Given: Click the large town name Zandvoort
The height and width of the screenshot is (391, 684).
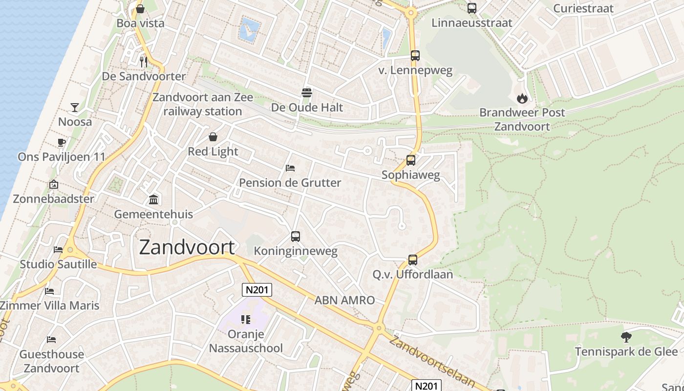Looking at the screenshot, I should pos(187,247).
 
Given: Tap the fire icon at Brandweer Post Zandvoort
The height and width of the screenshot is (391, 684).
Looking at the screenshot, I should pos(522,98).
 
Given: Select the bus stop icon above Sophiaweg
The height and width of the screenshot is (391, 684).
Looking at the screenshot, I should pos(411,160).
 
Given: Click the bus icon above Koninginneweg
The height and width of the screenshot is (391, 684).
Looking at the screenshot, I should pos(296,237).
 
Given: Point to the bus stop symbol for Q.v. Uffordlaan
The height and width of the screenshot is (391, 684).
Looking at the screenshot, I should pos(413,260).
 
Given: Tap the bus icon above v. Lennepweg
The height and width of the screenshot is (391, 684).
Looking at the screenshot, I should pos(415,56).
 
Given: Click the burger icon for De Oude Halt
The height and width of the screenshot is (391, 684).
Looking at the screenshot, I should pos(307,92).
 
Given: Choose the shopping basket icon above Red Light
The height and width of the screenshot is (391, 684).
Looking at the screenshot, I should pos(213,137).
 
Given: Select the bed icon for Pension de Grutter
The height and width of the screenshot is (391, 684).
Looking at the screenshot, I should pos(290,168).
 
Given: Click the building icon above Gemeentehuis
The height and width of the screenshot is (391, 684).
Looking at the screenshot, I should pos(153,199).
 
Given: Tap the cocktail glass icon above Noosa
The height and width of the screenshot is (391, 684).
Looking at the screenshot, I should pos(75,107).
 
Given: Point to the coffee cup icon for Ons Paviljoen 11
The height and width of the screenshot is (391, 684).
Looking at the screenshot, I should pos(61,142).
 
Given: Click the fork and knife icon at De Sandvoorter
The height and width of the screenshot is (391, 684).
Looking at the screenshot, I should pos(144,62).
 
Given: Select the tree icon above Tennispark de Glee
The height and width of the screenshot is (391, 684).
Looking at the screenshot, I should pos(626,337).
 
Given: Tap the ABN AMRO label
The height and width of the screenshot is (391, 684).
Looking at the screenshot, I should pos(344,300).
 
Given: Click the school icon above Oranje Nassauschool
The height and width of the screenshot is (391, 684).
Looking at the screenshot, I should pos(246,320).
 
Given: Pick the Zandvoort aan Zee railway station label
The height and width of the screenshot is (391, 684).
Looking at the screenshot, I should pos(202,104).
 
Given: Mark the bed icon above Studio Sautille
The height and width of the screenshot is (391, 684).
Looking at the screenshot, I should pos(58,249).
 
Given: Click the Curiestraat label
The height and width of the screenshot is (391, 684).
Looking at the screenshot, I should pos(583,8).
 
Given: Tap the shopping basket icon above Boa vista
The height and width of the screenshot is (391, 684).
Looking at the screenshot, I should pos(140,9).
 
